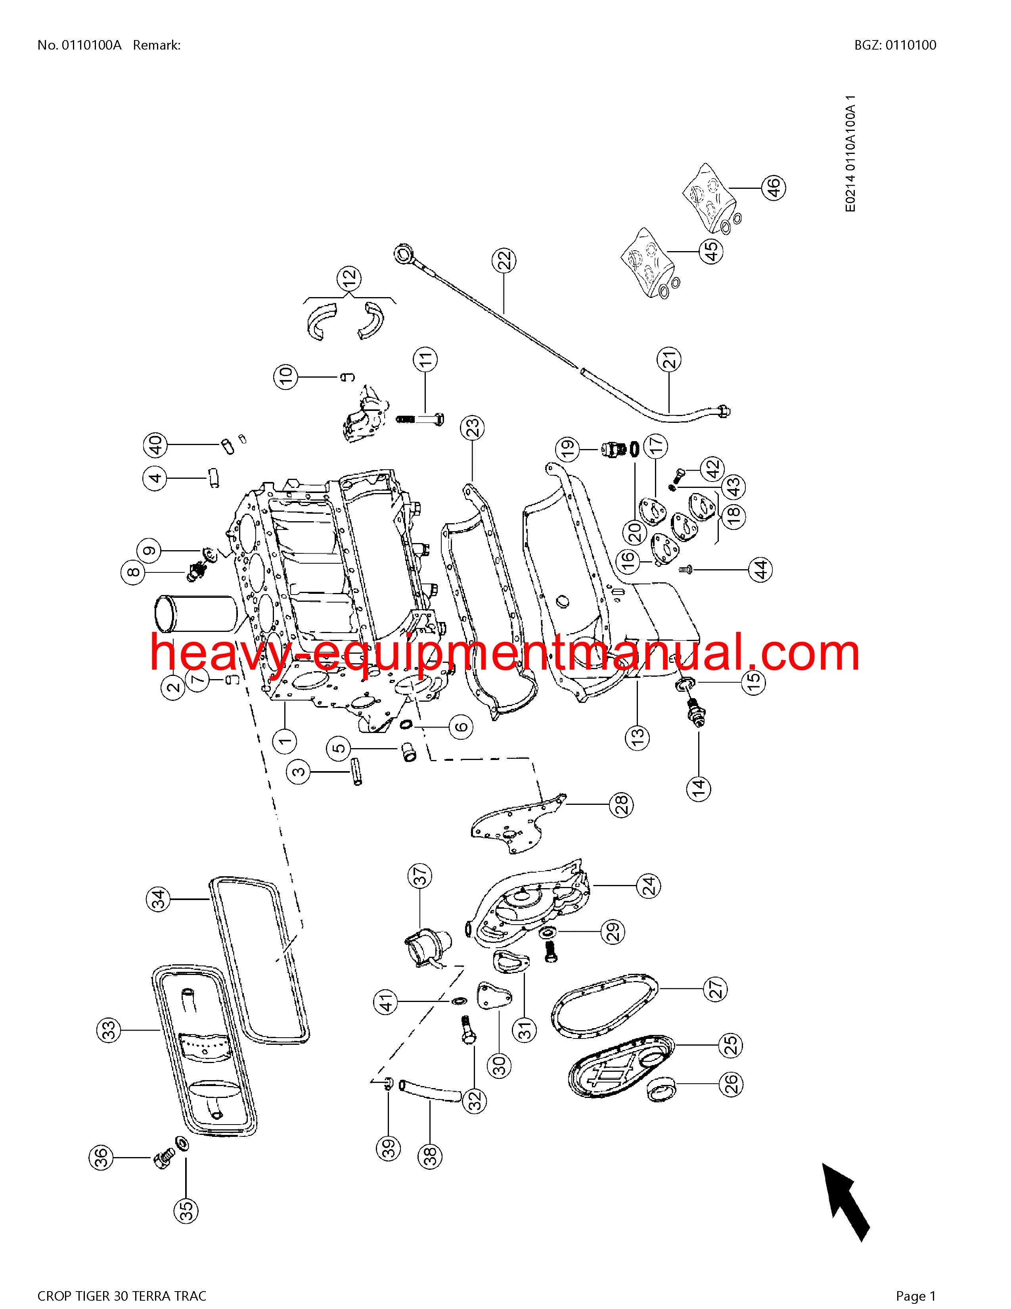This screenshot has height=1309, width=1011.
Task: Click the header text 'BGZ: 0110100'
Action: coord(896,45)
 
